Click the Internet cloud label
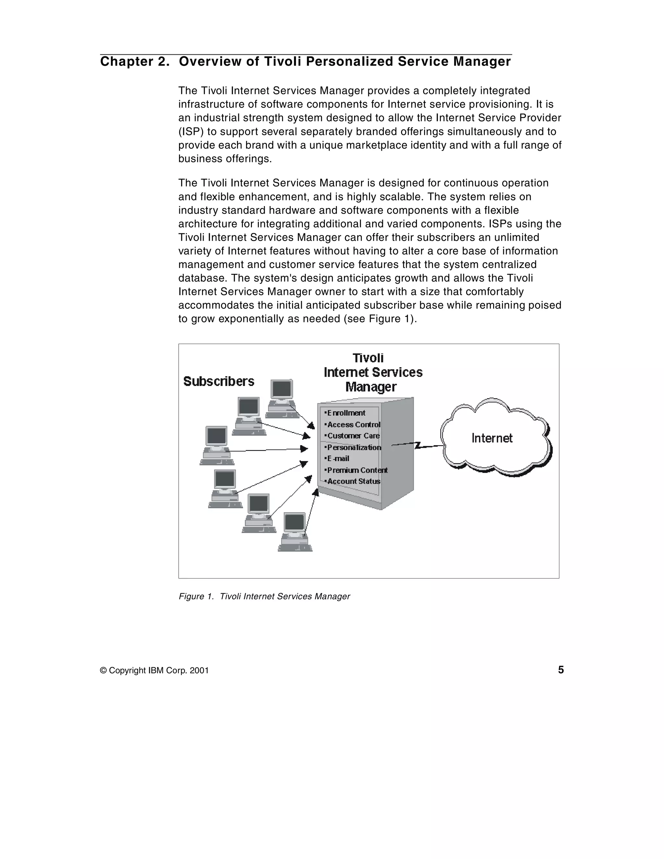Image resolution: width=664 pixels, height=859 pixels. tap(492, 438)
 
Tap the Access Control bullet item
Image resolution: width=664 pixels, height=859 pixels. tap(353, 425)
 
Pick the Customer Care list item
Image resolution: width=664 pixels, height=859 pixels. tap(353, 436)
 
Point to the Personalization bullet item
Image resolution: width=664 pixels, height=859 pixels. tap(353, 447)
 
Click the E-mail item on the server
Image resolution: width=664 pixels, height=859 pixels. tap(338, 459)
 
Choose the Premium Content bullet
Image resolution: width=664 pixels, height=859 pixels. tap(357, 470)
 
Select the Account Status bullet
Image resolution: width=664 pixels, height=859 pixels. tap(353, 482)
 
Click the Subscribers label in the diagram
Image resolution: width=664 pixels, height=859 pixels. tap(219, 381)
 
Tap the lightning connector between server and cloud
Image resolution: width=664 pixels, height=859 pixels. tap(417, 445)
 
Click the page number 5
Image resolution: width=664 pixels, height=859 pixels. tap(561, 670)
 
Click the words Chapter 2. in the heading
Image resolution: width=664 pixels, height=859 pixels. tap(135, 62)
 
